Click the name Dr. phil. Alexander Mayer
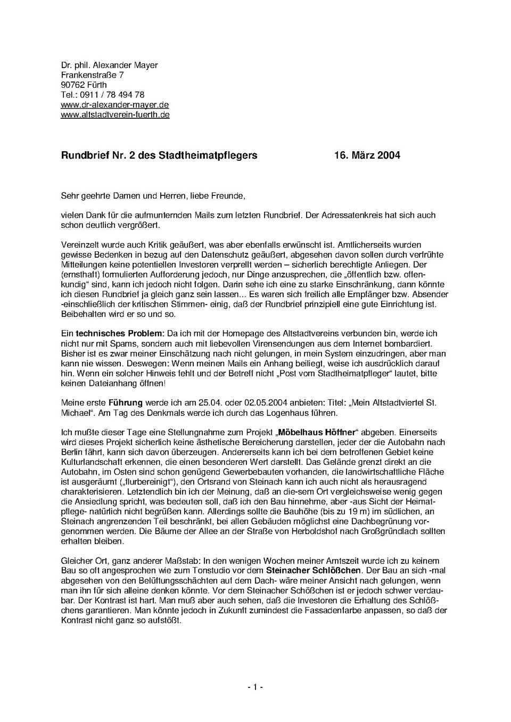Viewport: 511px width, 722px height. point(109,65)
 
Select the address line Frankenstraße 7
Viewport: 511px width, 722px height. point(92,75)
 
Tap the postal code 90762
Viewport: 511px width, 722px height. point(73,85)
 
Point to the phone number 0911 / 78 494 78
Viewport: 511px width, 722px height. point(112,95)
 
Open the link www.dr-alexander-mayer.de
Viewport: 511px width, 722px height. point(114,105)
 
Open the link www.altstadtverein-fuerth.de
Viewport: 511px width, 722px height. point(115,114)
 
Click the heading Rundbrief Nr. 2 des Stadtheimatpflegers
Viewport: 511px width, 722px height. point(159,155)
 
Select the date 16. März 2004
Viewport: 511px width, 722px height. point(367,155)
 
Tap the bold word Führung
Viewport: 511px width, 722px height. point(126,403)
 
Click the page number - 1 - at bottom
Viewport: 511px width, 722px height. point(256,687)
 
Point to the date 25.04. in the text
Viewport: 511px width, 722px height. point(235,403)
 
